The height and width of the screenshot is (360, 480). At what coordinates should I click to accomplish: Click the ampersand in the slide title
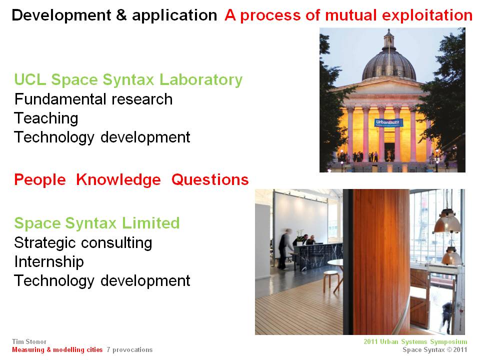[121, 15]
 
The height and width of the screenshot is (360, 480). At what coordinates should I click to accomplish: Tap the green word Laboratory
[201, 80]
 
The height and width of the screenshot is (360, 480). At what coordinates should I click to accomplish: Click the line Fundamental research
[93, 99]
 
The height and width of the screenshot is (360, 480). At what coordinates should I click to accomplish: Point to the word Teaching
[46, 118]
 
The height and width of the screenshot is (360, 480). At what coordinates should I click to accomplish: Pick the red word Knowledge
[118, 179]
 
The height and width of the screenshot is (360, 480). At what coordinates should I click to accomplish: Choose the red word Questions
[210, 179]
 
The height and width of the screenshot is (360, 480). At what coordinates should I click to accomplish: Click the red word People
[40, 179]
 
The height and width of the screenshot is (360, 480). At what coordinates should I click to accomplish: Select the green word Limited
[150, 223]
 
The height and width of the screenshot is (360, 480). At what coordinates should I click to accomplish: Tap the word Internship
[49, 261]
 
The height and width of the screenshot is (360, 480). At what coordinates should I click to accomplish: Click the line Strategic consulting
[83, 243]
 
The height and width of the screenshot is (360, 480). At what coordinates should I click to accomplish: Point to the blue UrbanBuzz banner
[388, 123]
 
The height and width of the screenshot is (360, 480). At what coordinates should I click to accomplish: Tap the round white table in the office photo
[335, 262]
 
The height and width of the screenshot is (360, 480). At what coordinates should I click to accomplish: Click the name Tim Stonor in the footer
[29, 341]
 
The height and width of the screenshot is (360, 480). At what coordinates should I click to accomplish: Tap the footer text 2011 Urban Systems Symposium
[415, 342]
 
